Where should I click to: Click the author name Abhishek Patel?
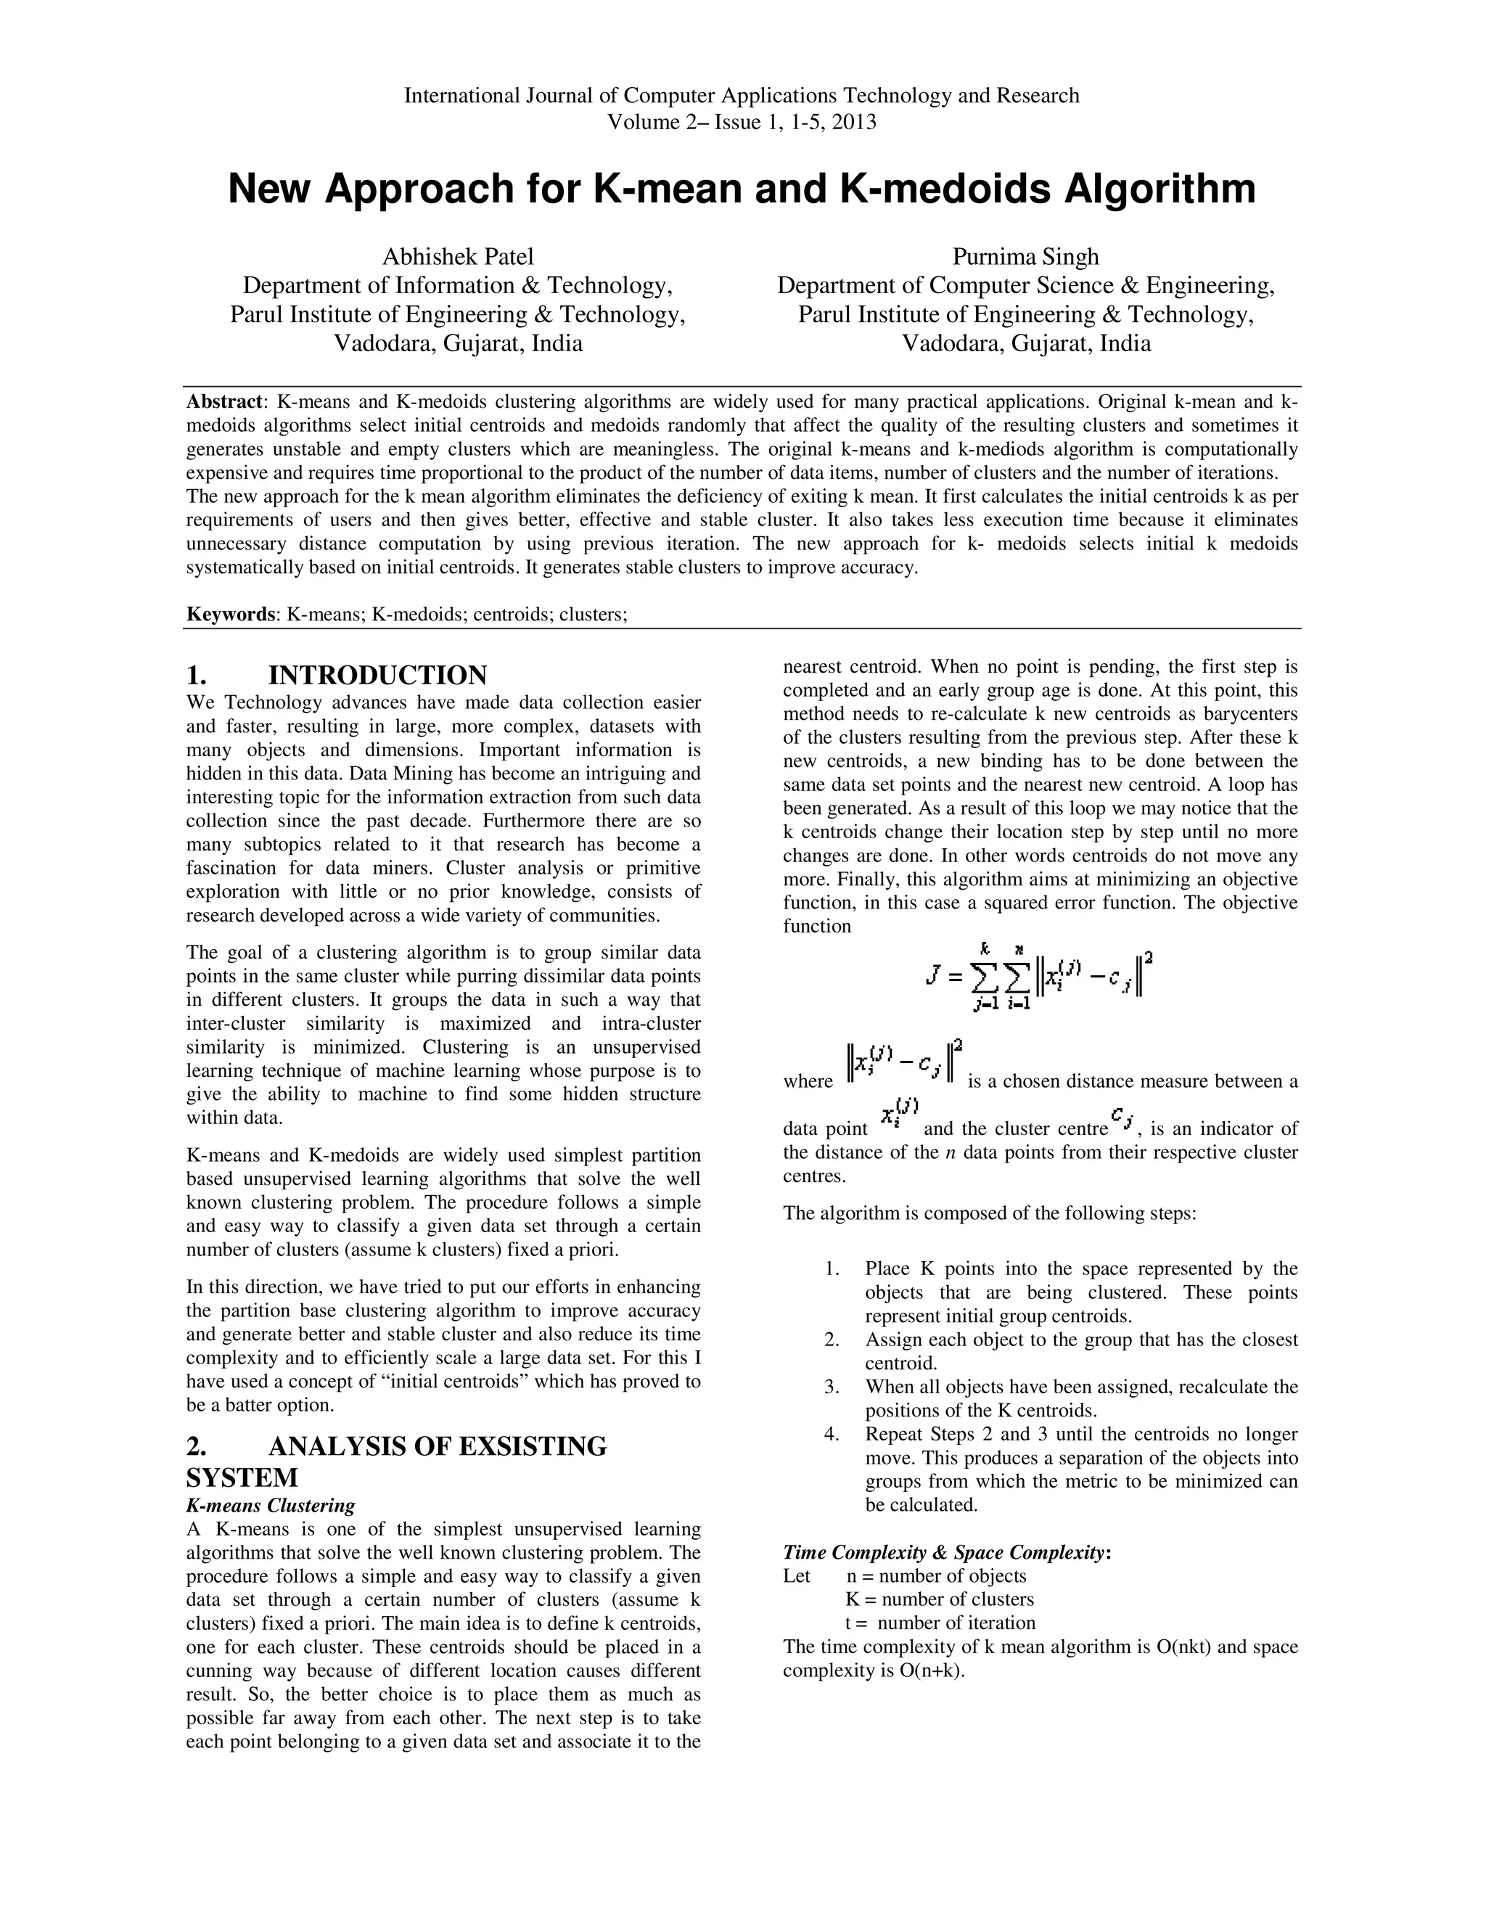458,257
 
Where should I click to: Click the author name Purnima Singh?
1025,257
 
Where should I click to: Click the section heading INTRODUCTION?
377,676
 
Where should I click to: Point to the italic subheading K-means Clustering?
271,1506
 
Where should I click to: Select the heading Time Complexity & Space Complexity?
946,1552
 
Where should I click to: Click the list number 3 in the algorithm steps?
831,1387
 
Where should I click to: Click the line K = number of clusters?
940,1600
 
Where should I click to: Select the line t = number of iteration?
940,1623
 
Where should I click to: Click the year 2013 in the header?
853,123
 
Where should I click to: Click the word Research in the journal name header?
1037,96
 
